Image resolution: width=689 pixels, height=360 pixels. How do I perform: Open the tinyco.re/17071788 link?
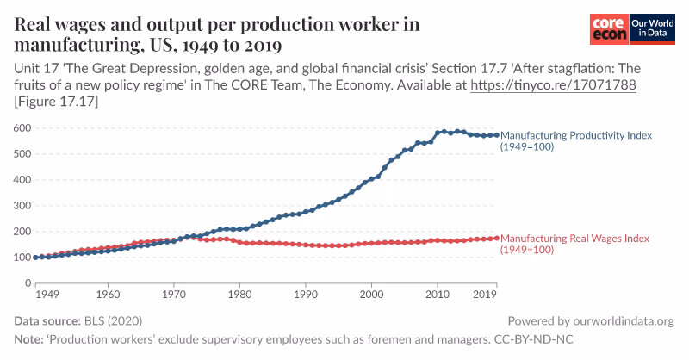tap(552, 86)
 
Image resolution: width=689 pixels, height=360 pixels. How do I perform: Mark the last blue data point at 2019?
tap(496, 135)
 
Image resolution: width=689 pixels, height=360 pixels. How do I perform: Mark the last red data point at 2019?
tap(496, 238)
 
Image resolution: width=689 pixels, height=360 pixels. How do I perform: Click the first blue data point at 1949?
tap(35, 258)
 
